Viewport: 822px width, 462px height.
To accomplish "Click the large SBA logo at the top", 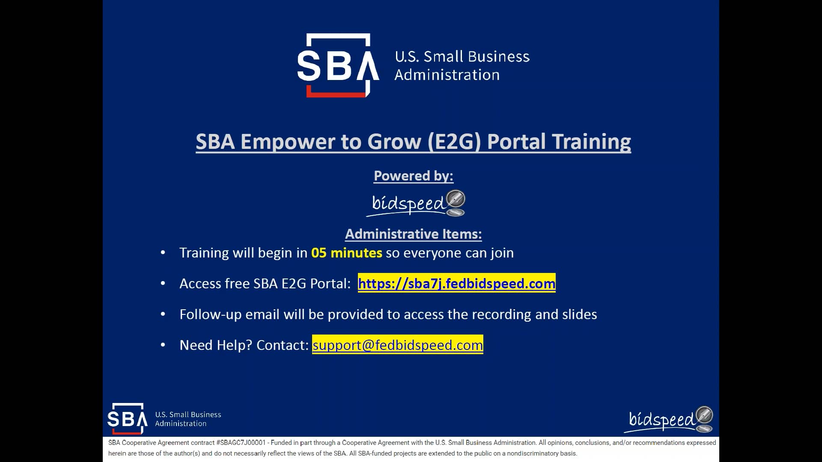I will [x=338, y=65].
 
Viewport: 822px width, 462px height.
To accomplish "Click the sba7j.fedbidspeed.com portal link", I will [x=456, y=283].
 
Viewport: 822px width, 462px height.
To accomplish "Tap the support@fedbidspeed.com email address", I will [x=397, y=345].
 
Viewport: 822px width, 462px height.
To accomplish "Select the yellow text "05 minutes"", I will [x=346, y=253].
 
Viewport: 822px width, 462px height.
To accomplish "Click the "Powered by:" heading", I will [x=413, y=176].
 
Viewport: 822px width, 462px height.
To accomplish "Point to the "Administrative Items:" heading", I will [x=413, y=234].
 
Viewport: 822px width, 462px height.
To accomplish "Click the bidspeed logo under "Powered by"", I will [x=417, y=203].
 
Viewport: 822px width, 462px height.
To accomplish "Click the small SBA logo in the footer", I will [x=127, y=418].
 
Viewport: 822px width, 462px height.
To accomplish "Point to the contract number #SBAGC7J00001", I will [x=241, y=443].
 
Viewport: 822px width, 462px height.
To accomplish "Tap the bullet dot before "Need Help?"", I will [x=163, y=345].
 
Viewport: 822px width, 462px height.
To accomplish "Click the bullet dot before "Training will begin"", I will [x=163, y=253].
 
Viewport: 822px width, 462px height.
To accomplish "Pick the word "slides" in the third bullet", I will [x=579, y=314].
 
